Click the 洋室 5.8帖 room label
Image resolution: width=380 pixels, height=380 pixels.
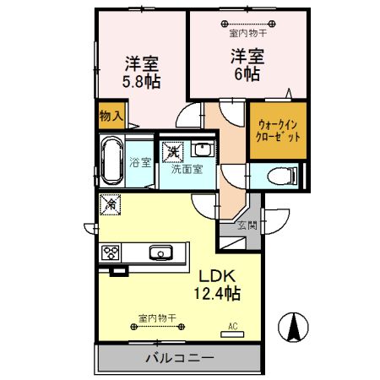(x=143, y=72)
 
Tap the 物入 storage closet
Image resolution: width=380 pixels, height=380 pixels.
(x=111, y=115)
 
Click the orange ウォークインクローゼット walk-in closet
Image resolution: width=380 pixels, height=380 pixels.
(x=277, y=130)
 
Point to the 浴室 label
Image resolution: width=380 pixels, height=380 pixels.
(x=140, y=162)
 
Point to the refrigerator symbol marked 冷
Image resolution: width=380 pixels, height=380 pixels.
(x=110, y=204)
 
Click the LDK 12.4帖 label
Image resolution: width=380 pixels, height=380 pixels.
(x=219, y=285)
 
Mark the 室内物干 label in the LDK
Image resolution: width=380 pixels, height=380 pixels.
(x=157, y=318)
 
